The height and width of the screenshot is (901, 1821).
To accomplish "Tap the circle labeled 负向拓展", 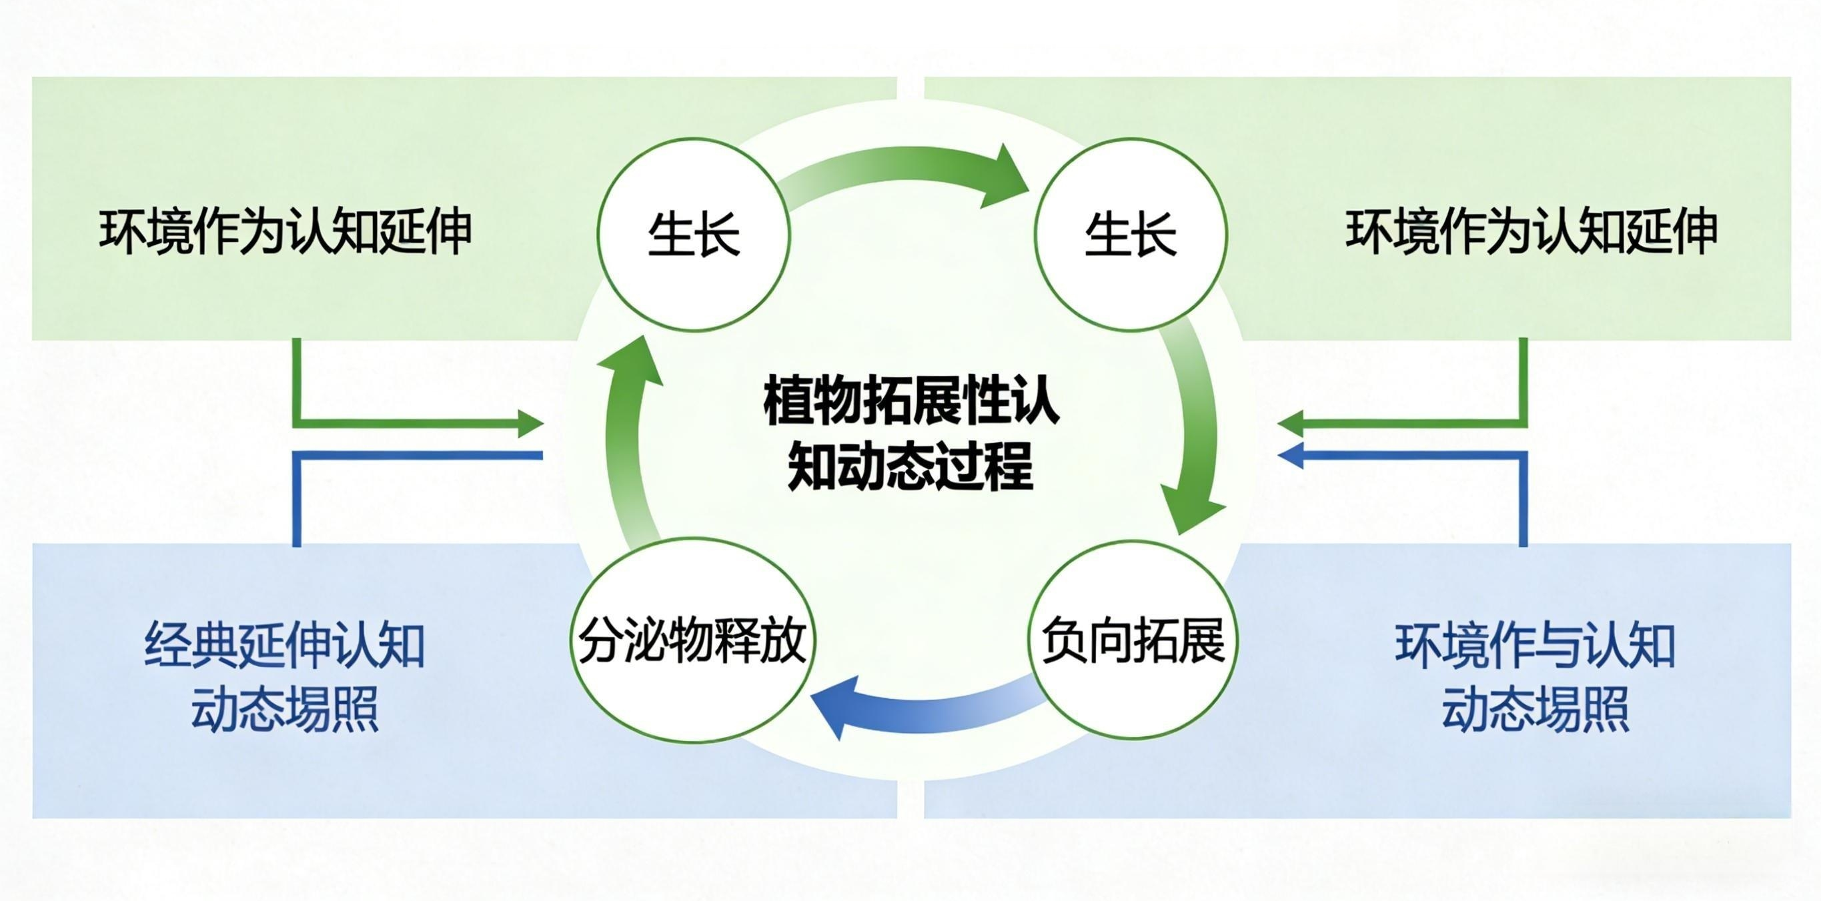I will pyautogui.click(x=1132, y=640).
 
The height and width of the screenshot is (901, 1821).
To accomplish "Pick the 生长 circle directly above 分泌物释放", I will pyautogui.click(x=694, y=234).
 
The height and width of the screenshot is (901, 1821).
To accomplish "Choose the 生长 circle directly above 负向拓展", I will pyautogui.click(x=1131, y=234).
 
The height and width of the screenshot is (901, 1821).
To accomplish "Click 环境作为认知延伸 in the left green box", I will pyautogui.click(x=285, y=231).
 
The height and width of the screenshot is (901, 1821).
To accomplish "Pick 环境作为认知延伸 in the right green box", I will pyautogui.click(x=1531, y=231).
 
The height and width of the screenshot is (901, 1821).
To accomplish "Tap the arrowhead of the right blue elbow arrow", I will pyautogui.click(x=1291, y=456).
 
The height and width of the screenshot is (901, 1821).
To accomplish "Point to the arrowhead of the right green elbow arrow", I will pyautogui.click(x=1291, y=424).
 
